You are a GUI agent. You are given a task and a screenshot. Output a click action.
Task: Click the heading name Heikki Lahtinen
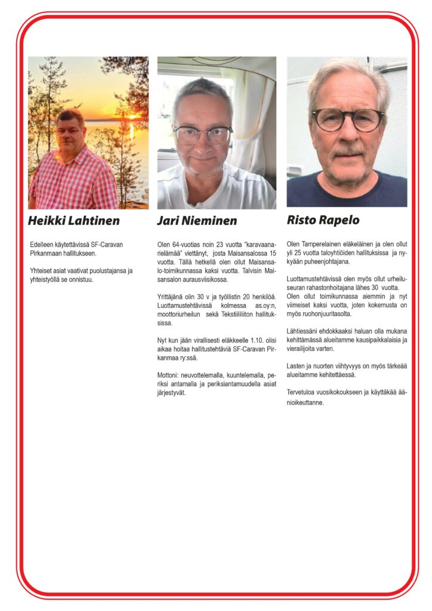(73, 221)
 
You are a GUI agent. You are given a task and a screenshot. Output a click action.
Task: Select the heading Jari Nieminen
(197, 221)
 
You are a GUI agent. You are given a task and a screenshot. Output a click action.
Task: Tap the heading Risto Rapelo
(323, 220)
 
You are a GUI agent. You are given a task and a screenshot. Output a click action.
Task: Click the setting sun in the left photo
(132, 117)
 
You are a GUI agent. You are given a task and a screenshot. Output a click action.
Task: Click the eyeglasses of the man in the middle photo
(202, 135)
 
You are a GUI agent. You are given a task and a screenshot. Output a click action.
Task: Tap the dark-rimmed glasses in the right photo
(348, 119)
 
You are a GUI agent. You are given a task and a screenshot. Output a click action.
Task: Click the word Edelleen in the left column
(43, 244)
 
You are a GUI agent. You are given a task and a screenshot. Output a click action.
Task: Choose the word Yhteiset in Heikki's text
(42, 270)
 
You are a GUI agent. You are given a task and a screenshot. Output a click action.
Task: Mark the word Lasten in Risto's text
(297, 366)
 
